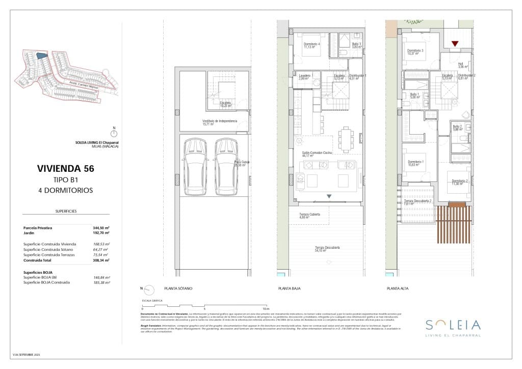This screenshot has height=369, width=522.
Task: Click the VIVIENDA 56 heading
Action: pyautogui.click(x=66, y=168)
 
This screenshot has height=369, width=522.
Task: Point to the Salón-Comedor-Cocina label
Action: pyautogui.click(x=317, y=153)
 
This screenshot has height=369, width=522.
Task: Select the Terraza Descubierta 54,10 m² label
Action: pyautogui.click(x=327, y=249)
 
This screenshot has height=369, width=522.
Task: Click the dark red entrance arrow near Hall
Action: pyautogui.click(x=455, y=44)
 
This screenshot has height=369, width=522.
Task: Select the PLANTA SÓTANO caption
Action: pyautogui.click(x=178, y=289)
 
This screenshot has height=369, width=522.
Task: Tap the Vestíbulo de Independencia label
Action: pyautogui.click(x=220, y=122)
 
